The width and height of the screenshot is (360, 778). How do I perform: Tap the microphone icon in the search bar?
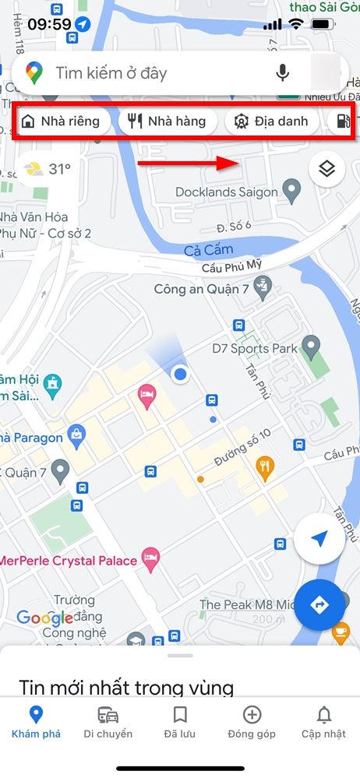283,73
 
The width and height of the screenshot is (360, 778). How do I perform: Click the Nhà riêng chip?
62,121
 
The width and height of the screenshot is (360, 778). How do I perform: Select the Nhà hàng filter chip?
167,121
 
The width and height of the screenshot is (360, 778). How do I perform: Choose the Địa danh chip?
271,121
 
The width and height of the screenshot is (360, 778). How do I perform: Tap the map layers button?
327,168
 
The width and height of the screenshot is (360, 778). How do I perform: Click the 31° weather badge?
48,168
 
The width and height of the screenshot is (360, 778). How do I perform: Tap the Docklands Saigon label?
226,192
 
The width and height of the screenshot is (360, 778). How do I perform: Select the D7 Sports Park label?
255,348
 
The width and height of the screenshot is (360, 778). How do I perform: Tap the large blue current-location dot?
181,375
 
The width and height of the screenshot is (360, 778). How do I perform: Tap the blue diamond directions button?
319,604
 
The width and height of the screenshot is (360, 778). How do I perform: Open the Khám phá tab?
35,722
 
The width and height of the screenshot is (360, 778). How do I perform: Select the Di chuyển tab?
108,722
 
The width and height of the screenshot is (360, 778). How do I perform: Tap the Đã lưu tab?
180,722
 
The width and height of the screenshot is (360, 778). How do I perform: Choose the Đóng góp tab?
252,722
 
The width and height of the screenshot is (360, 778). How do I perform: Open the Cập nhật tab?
323,722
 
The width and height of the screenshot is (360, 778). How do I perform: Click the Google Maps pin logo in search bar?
34,73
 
